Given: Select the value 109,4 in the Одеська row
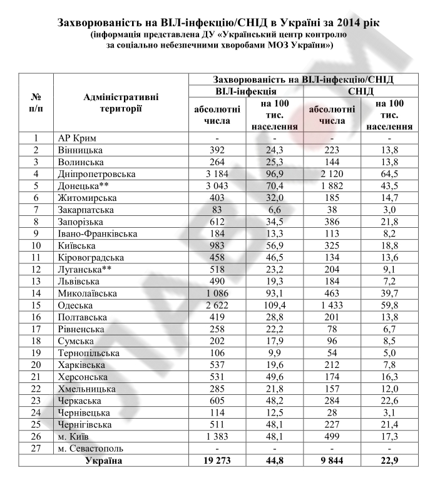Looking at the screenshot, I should (275, 305).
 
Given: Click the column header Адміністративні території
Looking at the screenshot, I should (121, 103).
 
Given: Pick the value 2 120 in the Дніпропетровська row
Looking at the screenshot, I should (332, 173).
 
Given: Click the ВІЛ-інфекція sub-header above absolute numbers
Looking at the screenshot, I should (246, 91).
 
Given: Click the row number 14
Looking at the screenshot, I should (36, 293).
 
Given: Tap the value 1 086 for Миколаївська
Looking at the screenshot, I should (218, 293).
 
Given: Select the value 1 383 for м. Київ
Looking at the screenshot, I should (218, 437).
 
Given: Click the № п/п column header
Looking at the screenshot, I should (36, 103).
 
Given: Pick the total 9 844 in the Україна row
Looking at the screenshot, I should (332, 461).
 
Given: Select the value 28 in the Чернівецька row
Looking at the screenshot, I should (332, 413).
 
